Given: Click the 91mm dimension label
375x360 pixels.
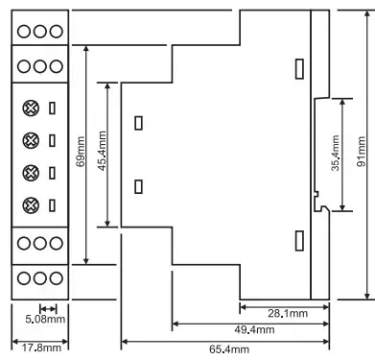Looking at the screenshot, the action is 362,152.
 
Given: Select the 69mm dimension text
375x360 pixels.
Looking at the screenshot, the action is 81,152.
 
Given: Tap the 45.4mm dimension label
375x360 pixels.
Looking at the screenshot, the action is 102,151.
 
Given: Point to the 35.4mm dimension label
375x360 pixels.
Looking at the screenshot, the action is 336,153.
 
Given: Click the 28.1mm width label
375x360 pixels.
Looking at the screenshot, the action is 288,313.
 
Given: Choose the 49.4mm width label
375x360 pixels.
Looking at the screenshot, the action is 254,329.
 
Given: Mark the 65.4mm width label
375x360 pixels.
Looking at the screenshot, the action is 229,348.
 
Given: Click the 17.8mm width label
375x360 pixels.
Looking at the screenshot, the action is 41,348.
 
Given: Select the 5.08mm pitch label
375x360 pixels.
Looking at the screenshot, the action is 45,319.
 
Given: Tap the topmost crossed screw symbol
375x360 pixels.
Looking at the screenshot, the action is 31,108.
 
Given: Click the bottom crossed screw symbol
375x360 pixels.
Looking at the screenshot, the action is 31,205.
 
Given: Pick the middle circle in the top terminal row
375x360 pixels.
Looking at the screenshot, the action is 40,32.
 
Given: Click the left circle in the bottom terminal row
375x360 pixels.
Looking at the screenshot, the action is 24,278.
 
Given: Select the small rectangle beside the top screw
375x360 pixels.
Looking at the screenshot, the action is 52,108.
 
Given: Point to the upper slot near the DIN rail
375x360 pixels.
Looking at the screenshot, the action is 299,69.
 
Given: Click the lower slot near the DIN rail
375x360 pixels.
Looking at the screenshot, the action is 299,241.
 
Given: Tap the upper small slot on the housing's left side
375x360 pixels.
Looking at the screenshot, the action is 138,123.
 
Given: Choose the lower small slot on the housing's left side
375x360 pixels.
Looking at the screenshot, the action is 138,187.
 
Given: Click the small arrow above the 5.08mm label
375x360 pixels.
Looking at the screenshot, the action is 48,309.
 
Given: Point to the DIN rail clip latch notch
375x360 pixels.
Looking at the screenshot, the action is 316,194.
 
